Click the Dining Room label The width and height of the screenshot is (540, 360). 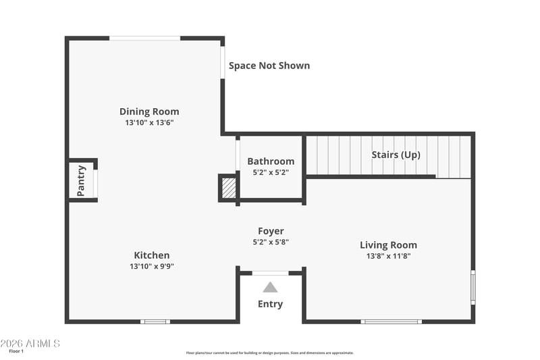149,111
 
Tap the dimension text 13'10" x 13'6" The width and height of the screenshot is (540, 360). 149,122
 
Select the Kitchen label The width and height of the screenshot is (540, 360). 151,255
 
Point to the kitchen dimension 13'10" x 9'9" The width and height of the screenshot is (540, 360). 151,266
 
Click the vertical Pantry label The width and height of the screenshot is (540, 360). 81,181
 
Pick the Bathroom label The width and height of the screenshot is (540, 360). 271,161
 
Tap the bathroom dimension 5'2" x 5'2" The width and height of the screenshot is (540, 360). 271,172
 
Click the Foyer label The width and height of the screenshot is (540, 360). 271,231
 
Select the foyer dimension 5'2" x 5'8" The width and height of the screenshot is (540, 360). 271,242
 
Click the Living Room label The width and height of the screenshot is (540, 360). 389,245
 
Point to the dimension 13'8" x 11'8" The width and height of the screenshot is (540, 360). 389,256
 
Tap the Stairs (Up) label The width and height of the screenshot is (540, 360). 396,155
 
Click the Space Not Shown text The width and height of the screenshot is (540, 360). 269,66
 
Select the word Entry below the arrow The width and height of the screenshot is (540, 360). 271,304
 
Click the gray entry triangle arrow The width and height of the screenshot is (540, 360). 271,287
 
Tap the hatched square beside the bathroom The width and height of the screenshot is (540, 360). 228,188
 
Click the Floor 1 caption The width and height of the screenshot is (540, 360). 16,351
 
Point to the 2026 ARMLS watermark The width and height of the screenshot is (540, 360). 30,344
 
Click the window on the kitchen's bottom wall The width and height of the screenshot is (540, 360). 155,322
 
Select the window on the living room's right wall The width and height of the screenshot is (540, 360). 473,287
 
